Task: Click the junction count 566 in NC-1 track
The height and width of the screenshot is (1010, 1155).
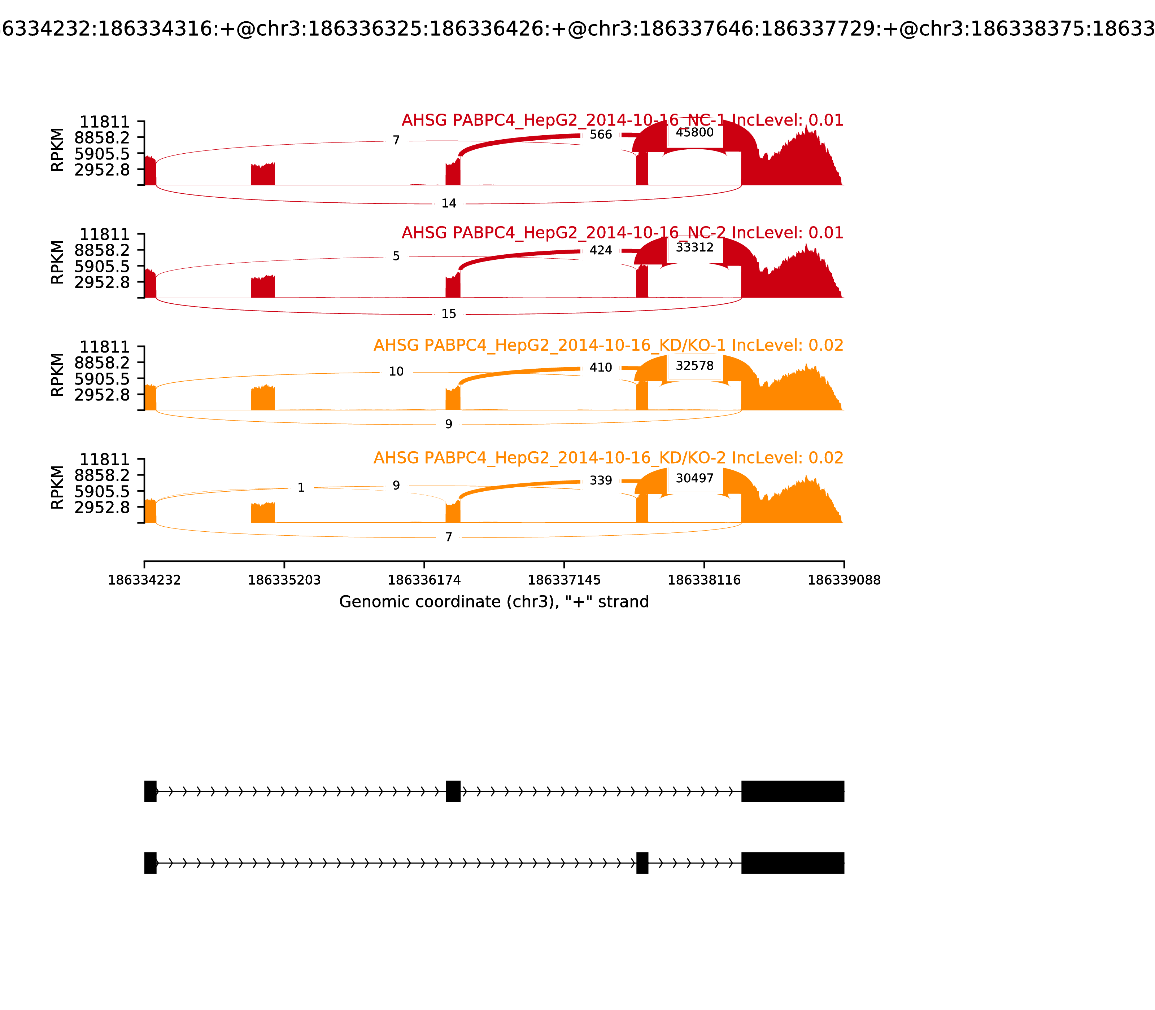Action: [601, 135]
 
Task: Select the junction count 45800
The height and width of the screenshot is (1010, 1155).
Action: [694, 132]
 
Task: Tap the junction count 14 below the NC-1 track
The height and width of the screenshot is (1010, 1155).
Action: [448, 203]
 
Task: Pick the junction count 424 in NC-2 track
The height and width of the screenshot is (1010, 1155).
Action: [601, 250]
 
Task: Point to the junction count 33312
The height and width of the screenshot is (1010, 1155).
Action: [694, 247]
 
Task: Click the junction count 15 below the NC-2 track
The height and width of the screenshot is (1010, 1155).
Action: [448, 314]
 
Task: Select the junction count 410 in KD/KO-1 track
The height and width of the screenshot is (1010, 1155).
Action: [601, 368]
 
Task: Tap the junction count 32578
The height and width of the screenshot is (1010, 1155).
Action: [694, 366]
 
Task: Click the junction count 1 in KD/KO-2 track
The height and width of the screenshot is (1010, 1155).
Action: [301, 488]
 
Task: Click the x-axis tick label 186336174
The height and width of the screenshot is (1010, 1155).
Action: [424, 580]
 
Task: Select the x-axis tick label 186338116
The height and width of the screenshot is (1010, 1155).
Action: [704, 580]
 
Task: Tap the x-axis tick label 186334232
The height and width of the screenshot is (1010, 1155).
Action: [144, 580]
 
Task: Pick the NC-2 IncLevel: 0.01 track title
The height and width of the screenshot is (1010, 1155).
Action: [622, 233]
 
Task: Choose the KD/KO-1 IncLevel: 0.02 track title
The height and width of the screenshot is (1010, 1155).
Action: [608, 346]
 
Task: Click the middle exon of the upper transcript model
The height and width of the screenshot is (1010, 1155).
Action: [453, 791]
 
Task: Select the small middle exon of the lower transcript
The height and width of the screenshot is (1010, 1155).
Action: [642, 863]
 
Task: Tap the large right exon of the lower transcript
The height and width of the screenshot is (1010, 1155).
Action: [792, 863]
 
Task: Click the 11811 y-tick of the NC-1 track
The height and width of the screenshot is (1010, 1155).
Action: [104, 122]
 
